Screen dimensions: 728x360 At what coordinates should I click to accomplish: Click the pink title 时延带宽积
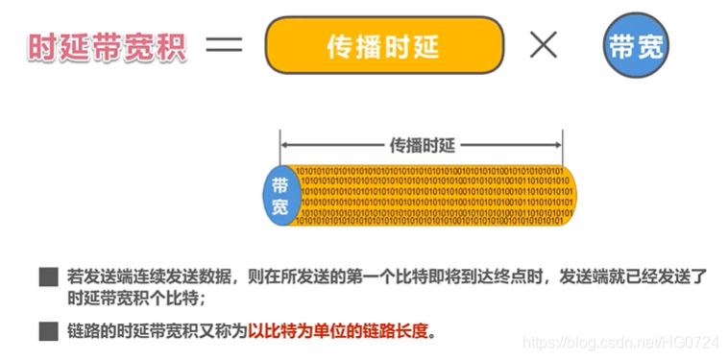[x=105, y=46]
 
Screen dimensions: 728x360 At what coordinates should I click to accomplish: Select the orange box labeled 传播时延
[x=384, y=46]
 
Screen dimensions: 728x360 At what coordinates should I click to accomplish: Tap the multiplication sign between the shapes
[x=543, y=46]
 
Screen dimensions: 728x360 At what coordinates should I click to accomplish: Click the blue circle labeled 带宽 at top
[x=637, y=46]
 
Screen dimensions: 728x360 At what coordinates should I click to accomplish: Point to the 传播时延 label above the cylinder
[x=422, y=146]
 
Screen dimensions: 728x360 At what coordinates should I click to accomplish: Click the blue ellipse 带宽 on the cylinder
[x=279, y=195]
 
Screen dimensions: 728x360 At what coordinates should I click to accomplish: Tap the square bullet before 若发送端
[x=47, y=277]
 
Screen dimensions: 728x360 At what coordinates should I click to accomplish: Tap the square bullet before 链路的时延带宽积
[x=47, y=332]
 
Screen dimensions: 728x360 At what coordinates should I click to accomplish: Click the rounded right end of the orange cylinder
[x=569, y=196]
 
